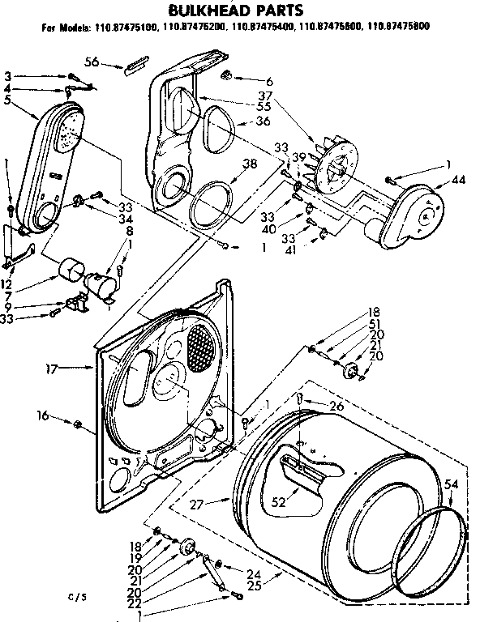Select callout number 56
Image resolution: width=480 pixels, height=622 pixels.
(x=92, y=61)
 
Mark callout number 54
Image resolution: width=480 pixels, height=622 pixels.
(x=452, y=484)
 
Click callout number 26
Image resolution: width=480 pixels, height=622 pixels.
(x=336, y=407)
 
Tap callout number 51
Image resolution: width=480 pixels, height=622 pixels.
(x=374, y=323)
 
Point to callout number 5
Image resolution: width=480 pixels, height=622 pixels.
(x=7, y=100)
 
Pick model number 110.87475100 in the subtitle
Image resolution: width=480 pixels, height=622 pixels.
(x=116, y=27)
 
